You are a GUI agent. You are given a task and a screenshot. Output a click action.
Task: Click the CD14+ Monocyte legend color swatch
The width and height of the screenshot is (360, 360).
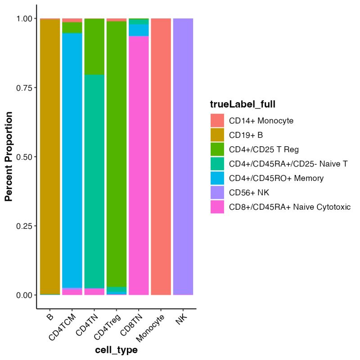pyautogui.click(x=217, y=121)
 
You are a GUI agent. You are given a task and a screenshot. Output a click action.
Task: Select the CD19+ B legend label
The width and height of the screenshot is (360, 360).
pyautogui.click(x=246, y=135)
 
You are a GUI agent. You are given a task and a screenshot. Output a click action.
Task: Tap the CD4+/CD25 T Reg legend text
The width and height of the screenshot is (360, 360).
pyautogui.click(x=263, y=149)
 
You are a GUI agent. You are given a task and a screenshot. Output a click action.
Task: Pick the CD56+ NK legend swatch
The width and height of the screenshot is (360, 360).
pyautogui.click(x=217, y=193)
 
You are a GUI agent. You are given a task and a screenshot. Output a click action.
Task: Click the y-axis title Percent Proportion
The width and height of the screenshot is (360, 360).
pyautogui.click(x=8, y=157)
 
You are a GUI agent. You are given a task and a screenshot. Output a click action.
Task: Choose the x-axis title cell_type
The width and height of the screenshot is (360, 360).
pyautogui.click(x=116, y=350)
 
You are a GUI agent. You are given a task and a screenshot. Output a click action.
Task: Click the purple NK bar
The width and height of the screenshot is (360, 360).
pyautogui.click(x=183, y=157)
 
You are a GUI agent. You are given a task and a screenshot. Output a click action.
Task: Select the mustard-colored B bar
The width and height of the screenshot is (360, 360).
pyautogui.click(x=50, y=157)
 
